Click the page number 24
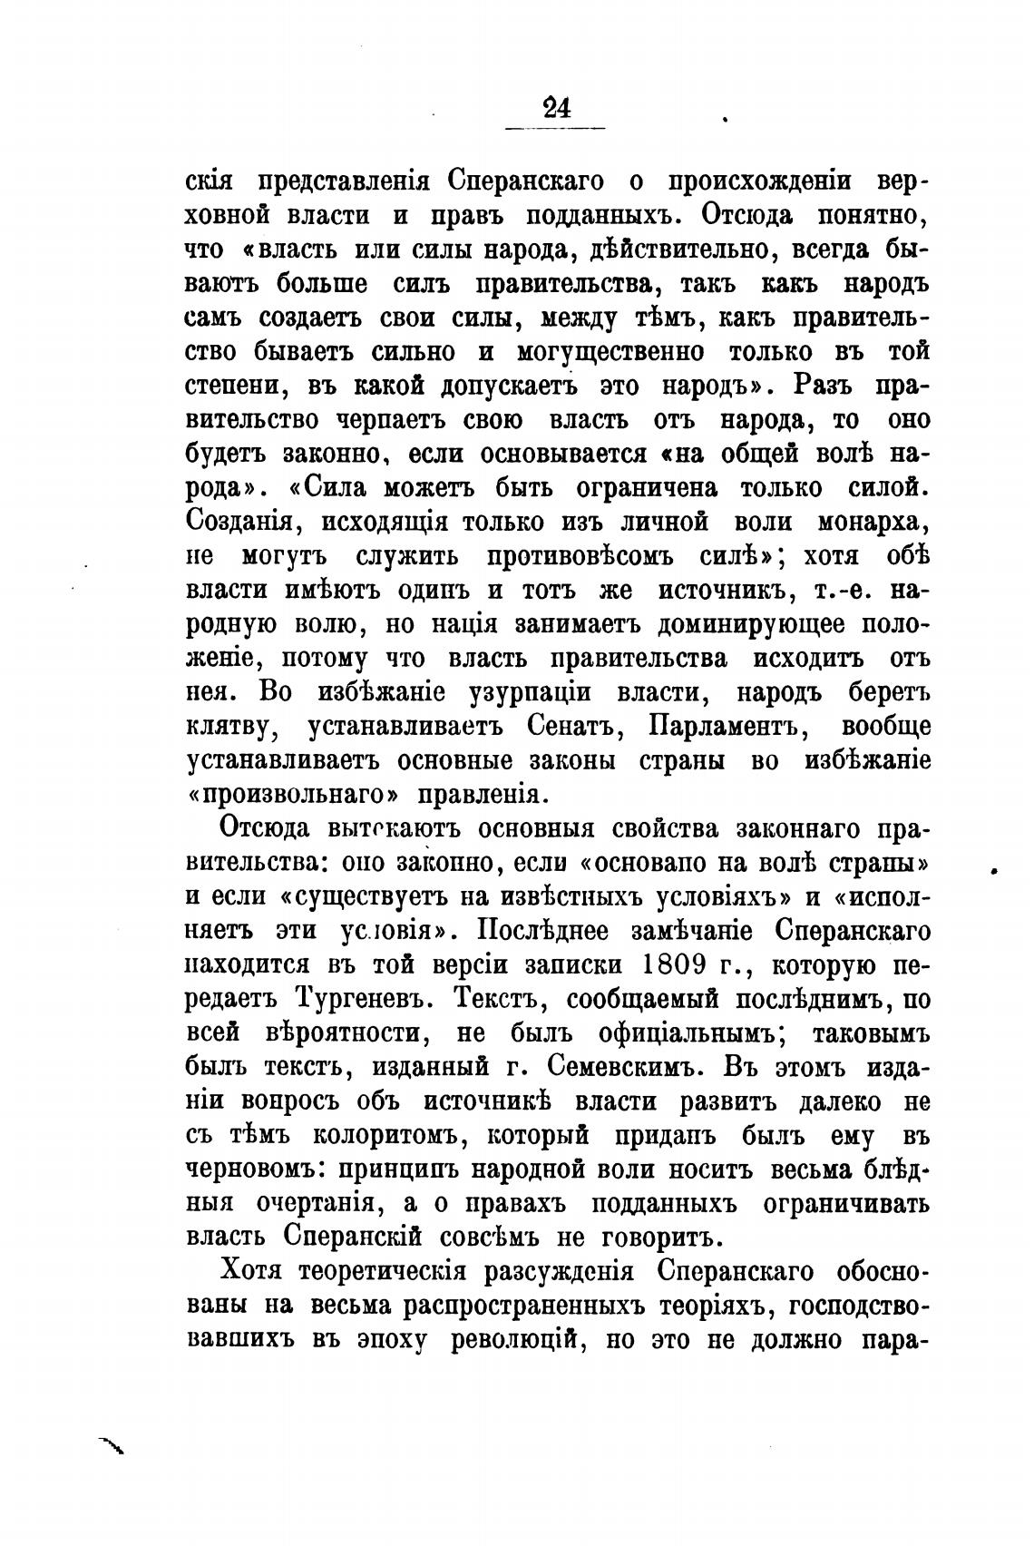coord(555,108)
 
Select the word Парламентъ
coord(735,727)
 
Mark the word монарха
coord(869,523)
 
